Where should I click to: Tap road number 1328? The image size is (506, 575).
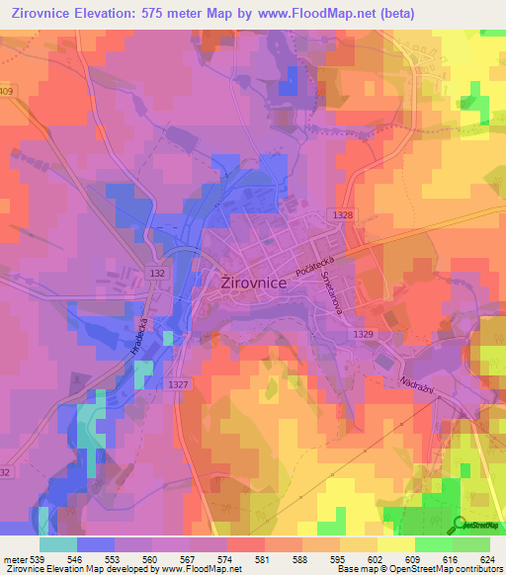pos(343,213)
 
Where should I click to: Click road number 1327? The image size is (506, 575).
pos(179,383)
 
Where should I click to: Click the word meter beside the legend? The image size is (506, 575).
pos(14,558)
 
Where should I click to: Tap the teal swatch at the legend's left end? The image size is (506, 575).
pos(58,544)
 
